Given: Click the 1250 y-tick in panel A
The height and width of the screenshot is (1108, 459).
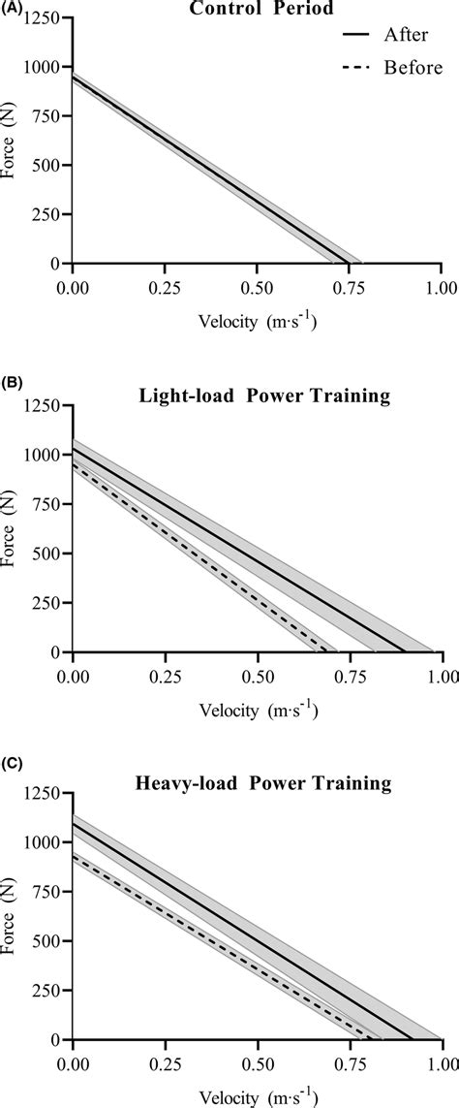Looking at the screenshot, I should (42, 17).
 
